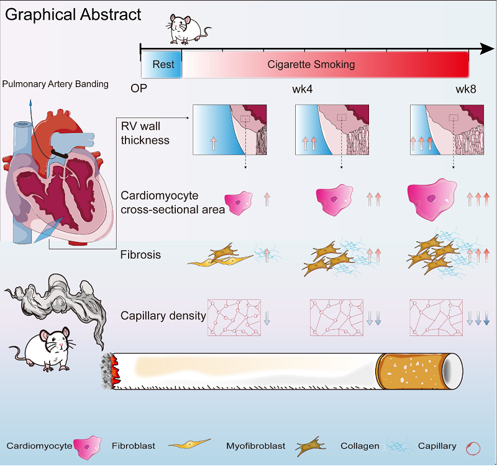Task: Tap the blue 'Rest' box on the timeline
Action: coord(163,65)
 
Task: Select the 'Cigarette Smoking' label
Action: coord(311,64)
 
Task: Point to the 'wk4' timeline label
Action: coord(302,88)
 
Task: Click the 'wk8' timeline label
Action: coord(467,88)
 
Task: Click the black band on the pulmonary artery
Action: coord(61,151)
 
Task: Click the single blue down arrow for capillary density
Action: coord(267,317)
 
